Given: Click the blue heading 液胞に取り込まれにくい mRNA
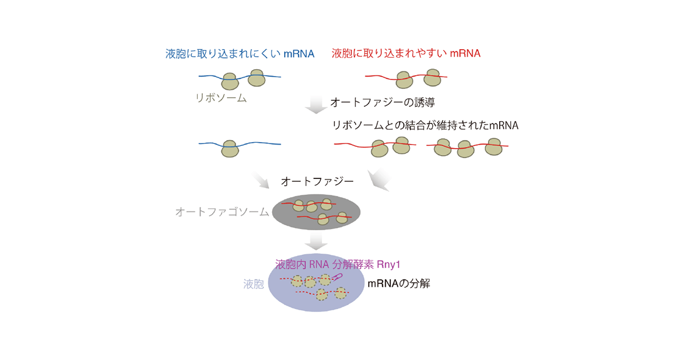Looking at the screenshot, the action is pyautogui.click(x=240, y=54).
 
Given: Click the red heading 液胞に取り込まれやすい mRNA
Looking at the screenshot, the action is pyautogui.click(x=406, y=54).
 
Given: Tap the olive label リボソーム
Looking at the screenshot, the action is pyautogui.click(x=221, y=98).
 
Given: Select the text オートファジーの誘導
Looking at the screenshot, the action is pyautogui.click(x=382, y=102).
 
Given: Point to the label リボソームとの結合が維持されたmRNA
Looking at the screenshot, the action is pyautogui.click(x=425, y=125).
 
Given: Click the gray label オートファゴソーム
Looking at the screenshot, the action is pyautogui.click(x=222, y=212).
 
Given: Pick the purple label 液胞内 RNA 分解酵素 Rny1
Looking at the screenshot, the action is pyautogui.click(x=337, y=265).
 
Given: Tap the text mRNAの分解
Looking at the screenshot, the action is pyautogui.click(x=399, y=283).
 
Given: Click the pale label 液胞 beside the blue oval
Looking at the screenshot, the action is pyautogui.click(x=254, y=284).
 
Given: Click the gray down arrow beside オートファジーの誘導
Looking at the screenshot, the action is pyautogui.click(x=316, y=105).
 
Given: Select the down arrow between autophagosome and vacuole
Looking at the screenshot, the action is pyautogui.click(x=316, y=241).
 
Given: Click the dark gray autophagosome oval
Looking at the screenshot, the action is pyautogui.click(x=316, y=212).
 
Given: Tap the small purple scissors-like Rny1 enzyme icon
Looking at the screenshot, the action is pyautogui.click(x=337, y=277).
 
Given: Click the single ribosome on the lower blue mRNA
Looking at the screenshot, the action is pyautogui.click(x=230, y=149).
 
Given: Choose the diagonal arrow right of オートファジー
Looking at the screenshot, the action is pyautogui.click(x=378, y=180).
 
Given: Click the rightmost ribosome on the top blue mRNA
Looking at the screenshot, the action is pyautogui.click(x=256, y=78).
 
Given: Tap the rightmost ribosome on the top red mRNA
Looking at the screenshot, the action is pyautogui.click(x=432, y=78).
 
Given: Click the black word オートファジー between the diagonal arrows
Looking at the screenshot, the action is pyautogui.click(x=317, y=182).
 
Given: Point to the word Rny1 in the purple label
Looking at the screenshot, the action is pyautogui.click(x=389, y=265).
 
